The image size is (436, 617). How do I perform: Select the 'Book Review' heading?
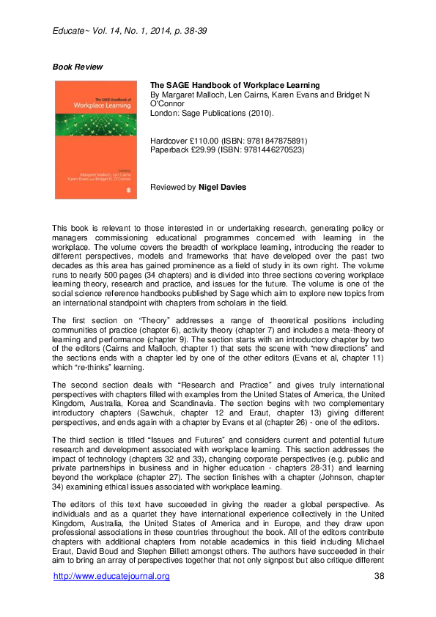click(78, 67)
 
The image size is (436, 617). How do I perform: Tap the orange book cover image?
click(95, 140)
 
